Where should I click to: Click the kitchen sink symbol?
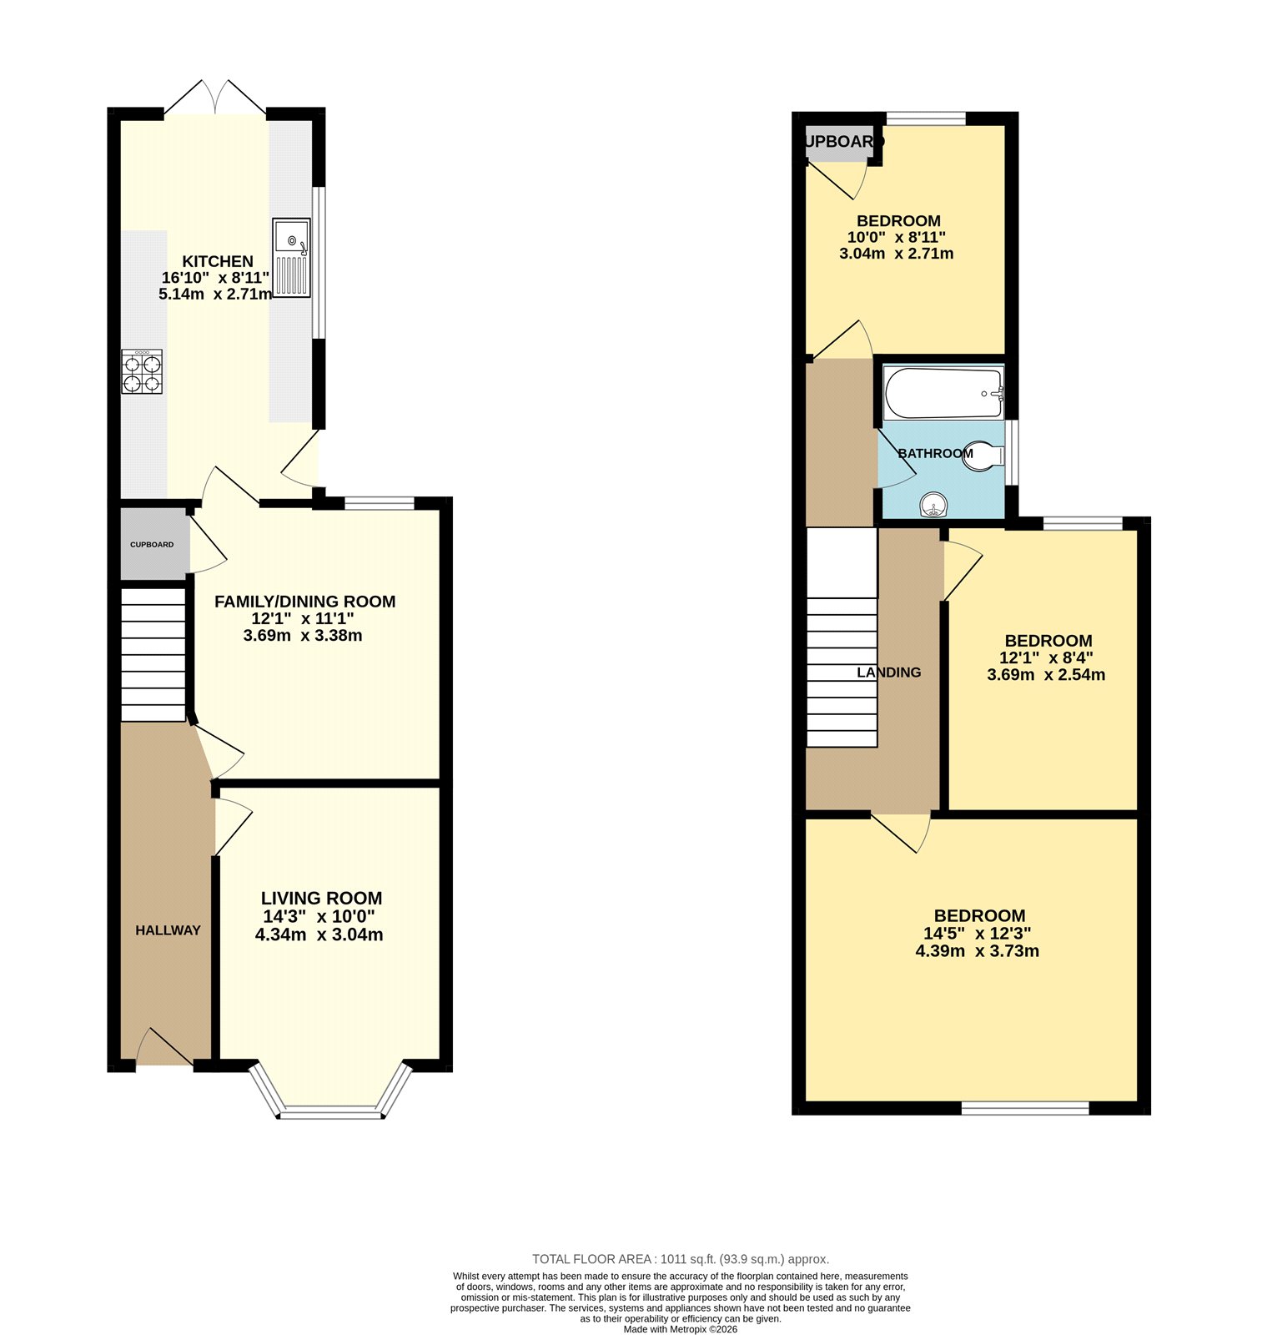pyautogui.click(x=291, y=258)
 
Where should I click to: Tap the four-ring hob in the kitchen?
pyautogui.click(x=142, y=372)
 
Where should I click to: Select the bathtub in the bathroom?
pyautogui.click(x=943, y=394)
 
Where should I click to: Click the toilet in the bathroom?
pyautogui.click(x=983, y=456)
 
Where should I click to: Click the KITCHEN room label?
pyautogui.click(x=218, y=261)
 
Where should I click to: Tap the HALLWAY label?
pyautogui.click(x=168, y=930)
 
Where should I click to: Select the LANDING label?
pyautogui.click(x=889, y=673)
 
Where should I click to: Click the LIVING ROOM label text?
pyautogui.click(x=321, y=899)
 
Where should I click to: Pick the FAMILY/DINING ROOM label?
pyautogui.click(x=304, y=602)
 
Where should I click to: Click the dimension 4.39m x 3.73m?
pyautogui.click(x=977, y=951)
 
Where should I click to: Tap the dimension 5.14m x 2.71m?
pyautogui.click(x=215, y=295)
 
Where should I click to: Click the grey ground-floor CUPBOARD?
pyautogui.click(x=153, y=544)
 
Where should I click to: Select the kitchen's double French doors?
pyautogui.click(x=215, y=98)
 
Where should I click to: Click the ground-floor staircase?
pyautogui.click(x=153, y=654)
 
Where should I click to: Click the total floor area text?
pyautogui.click(x=680, y=1259)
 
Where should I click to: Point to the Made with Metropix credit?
pyautogui.click(x=680, y=1329)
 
